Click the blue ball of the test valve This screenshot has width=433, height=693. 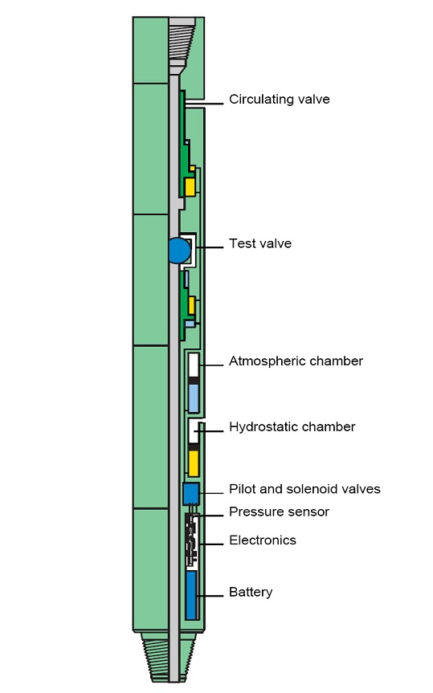pyautogui.click(x=178, y=251)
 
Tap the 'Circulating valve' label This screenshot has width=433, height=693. pyautogui.click(x=279, y=100)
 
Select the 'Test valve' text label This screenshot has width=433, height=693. pyautogui.click(x=259, y=243)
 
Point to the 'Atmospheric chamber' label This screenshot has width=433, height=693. pyautogui.click(x=296, y=361)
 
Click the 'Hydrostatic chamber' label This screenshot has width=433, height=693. pyautogui.click(x=292, y=426)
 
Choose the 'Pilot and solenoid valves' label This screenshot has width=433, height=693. pyautogui.click(x=304, y=489)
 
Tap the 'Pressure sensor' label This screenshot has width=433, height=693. pyautogui.click(x=279, y=512)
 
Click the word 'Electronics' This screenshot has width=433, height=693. pyautogui.click(x=262, y=540)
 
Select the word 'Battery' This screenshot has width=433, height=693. pyautogui.click(x=251, y=593)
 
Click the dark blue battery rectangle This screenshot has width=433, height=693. pyautogui.click(x=191, y=595)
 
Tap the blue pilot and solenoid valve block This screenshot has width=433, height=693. pyautogui.click(x=191, y=492)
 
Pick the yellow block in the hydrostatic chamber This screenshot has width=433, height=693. pyautogui.click(x=194, y=463)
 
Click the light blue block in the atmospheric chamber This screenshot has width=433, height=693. pyautogui.click(x=194, y=397)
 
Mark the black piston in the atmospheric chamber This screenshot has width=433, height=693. pyautogui.click(x=194, y=379)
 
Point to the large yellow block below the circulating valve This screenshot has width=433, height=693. pyautogui.click(x=190, y=187)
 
